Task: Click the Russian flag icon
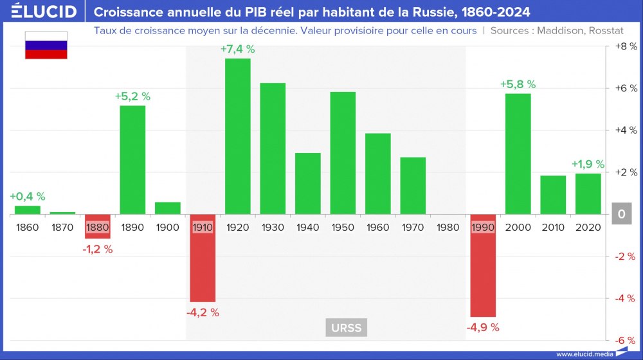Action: (46, 45)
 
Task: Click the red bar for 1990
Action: (483, 266)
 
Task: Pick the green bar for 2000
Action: (518, 154)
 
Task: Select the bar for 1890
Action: (132, 159)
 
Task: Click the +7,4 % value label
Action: (238, 50)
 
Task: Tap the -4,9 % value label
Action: (482, 327)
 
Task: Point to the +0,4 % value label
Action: (28, 197)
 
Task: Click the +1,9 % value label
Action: (588, 164)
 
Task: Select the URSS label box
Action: (347, 328)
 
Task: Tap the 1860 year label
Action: (28, 228)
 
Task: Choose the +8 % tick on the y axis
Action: (625, 46)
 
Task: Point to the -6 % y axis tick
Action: (625, 341)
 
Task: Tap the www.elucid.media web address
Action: (584, 354)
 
